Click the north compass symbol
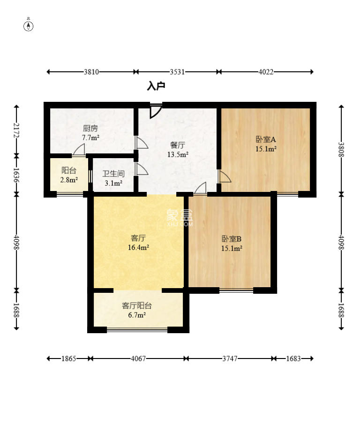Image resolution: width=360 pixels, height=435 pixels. pyautogui.click(x=28, y=25)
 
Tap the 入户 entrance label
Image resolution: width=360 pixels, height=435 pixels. pyautogui.click(x=156, y=86)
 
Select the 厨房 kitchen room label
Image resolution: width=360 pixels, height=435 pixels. pyautogui.click(x=90, y=129)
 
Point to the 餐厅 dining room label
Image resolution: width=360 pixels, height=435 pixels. pyautogui.click(x=178, y=145)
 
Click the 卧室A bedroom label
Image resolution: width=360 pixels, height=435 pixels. pyautogui.click(x=266, y=139)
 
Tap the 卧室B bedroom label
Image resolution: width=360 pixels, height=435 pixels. pyautogui.click(x=232, y=238)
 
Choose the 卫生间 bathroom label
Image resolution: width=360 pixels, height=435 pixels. pyautogui.click(x=113, y=174)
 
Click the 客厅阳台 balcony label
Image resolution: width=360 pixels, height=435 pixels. pyautogui.click(x=137, y=306)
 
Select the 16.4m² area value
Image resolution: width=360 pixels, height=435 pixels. pyautogui.click(x=138, y=247)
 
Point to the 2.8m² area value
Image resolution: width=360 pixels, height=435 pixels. pyautogui.click(x=69, y=180)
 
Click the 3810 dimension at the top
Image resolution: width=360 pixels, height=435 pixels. pyautogui.click(x=91, y=72)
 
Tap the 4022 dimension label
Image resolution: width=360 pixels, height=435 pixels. pyautogui.click(x=266, y=72)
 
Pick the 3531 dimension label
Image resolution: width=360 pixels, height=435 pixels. pyautogui.click(x=177, y=72)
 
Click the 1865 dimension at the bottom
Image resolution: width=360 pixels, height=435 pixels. pyautogui.click(x=69, y=359)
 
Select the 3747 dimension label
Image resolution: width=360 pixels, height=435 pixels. pyautogui.click(x=230, y=359)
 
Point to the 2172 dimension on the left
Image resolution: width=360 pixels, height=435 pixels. pyautogui.click(x=16, y=130)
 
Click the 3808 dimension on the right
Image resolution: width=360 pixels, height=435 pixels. pyautogui.click(x=341, y=150)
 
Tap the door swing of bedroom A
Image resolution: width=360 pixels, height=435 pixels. pyautogui.click(x=225, y=176)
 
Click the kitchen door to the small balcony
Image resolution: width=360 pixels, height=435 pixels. pyautogui.click(x=79, y=150)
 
